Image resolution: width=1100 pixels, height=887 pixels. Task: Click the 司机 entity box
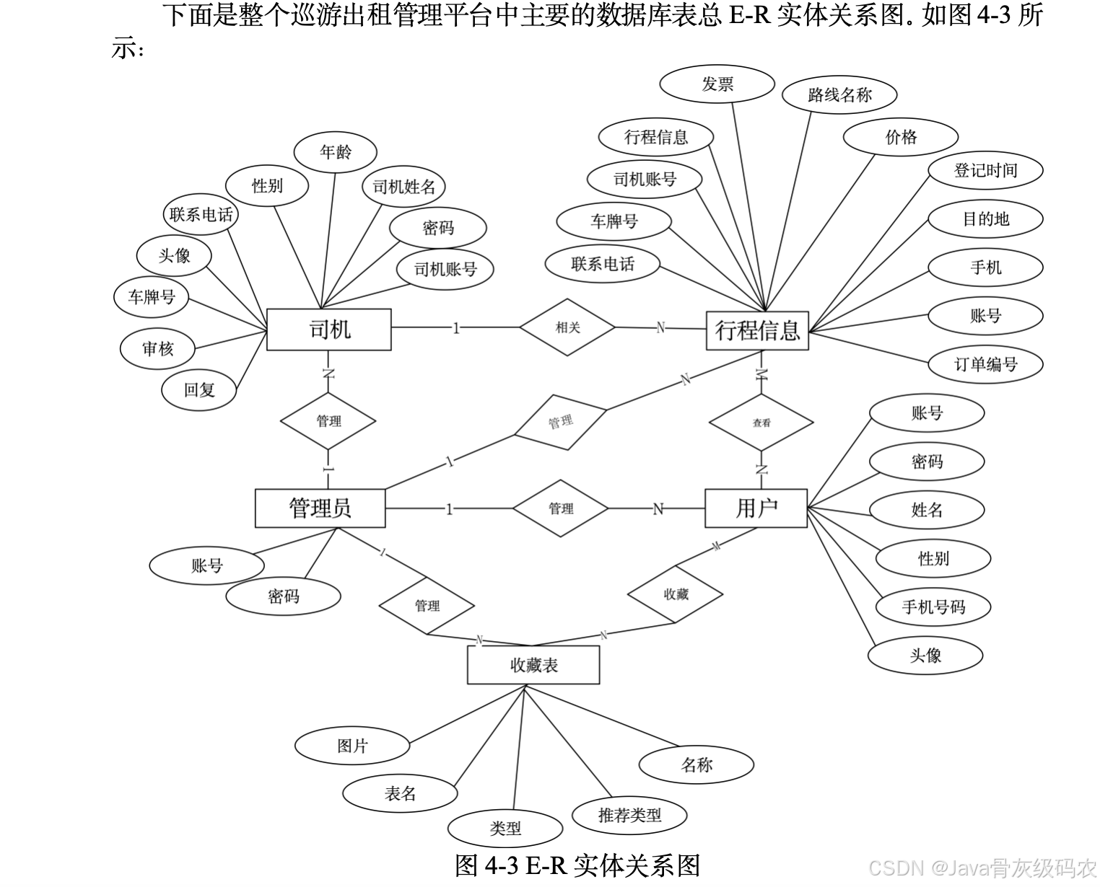click(328, 330)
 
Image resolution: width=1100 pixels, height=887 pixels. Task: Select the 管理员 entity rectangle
click(320, 508)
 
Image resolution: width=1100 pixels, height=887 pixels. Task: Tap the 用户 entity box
click(756, 508)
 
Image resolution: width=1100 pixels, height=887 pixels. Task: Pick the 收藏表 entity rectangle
click(533, 664)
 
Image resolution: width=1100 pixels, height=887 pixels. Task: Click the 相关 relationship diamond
click(567, 327)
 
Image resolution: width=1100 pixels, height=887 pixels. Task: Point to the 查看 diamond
click(761, 423)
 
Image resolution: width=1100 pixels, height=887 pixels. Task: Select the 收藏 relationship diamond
click(676, 594)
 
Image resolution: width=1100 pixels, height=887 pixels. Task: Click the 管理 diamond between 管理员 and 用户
click(561, 508)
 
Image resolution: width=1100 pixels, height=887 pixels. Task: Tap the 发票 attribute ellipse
click(717, 84)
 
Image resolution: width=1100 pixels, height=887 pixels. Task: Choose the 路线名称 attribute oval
click(839, 94)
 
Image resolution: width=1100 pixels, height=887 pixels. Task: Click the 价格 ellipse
click(900, 137)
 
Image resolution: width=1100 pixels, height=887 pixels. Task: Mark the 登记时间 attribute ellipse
click(985, 171)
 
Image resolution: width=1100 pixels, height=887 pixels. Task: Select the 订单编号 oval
click(985, 364)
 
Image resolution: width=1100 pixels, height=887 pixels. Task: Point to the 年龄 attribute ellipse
click(336, 152)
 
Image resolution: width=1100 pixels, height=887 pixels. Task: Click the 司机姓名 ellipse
click(403, 187)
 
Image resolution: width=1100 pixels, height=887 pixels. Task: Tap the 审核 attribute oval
click(157, 349)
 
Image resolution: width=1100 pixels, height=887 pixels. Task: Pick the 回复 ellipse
click(199, 390)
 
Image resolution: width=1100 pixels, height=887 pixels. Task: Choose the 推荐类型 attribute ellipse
click(629, 816)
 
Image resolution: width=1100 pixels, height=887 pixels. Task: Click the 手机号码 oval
click(933, 607)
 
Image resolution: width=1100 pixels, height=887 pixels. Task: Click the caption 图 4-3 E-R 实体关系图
click(577, 865)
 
